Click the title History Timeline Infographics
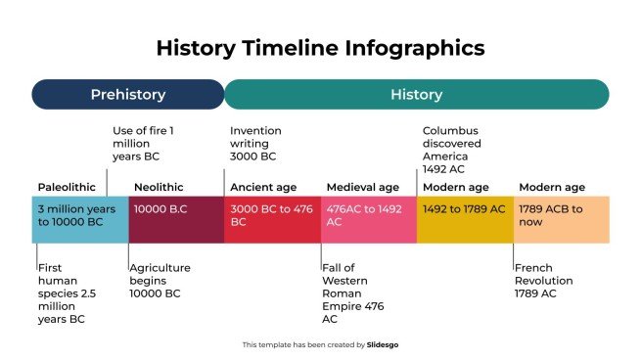(320, 48)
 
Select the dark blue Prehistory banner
(128, 95)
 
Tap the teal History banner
(416, 95)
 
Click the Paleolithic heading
(67, 187)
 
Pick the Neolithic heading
(159, 187)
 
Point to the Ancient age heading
(263, 187)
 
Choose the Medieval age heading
(362, 187)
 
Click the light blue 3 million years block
(79, 219)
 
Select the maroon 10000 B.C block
(175, 219)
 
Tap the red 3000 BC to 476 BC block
(272, 219)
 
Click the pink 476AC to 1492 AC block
(368, 219)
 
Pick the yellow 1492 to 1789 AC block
(464, 219)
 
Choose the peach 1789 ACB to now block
(560, 219)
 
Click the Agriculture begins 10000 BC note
(161, 280)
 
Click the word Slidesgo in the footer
(383, 344)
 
